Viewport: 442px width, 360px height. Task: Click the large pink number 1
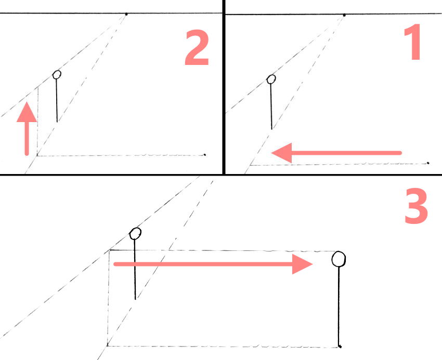(x=413, y=42)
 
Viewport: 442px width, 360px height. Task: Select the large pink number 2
(x=197, y=48)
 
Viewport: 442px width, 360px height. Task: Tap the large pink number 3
(x=417, y=206)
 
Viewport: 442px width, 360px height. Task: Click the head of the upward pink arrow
(x=27, y=112)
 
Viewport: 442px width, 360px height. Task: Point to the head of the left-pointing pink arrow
(x=281, y=153)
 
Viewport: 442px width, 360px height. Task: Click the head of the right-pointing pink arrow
(x=302, y=264)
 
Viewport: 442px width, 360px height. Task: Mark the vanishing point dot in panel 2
(x=126, y=14)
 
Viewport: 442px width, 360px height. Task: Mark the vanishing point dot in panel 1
(x=344, y=15)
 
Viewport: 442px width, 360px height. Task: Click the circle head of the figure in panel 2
(x=57, y=75)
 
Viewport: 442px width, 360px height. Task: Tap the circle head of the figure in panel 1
(x=271, y=79)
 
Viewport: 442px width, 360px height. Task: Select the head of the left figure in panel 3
(x=135, y=234)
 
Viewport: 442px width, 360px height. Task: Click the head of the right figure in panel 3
(x=339, y=259)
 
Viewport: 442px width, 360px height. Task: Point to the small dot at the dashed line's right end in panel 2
(x=205, y=155)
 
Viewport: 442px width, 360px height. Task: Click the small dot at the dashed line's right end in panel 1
(x=428, y=163)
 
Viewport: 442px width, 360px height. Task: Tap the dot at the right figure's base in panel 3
(x=340, y=346)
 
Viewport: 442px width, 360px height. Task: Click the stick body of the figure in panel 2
(x=57, y=101)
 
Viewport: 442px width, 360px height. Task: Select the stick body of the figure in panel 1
(x=271, y=106)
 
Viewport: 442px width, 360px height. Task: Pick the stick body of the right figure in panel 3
(x=339, y=306)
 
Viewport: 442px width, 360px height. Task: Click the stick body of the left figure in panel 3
(x=135, y=270)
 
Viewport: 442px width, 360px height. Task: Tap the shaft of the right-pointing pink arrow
(x=203, y=264)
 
